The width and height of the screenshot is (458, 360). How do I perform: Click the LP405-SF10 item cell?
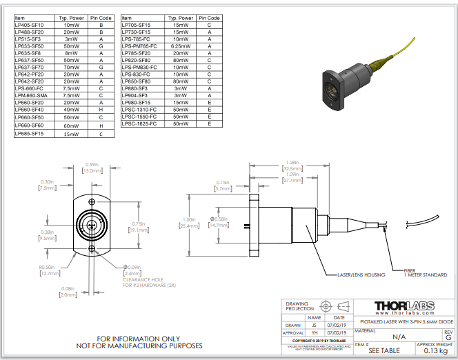(29, 26)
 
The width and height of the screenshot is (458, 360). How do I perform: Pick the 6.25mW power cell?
(181, 47)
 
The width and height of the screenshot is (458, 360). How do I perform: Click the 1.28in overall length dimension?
(290, 163)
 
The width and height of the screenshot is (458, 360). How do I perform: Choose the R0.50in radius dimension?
(50, 269)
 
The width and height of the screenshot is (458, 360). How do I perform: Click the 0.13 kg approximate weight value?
(435, 350)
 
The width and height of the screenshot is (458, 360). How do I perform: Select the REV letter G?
(448, 337)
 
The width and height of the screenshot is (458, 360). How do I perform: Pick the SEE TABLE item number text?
(383, 350)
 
